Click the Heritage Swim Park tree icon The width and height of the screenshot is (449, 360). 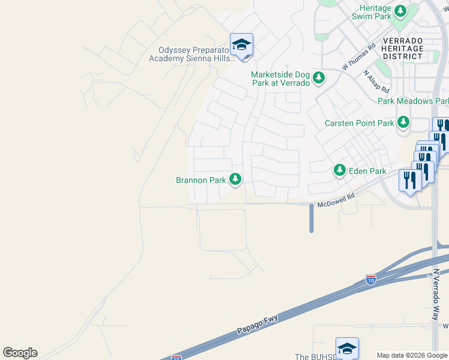[400, 11]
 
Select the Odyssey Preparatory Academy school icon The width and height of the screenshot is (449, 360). [241, 45]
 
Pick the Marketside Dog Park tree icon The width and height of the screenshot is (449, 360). [318, 78]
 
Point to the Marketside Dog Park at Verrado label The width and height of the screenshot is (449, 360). [280, 79]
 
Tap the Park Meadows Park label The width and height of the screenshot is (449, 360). [413, 101]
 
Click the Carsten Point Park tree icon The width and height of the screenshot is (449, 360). [403, 123]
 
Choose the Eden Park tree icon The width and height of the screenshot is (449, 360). [340, 171]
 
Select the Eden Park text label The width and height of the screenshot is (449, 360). [369, 171]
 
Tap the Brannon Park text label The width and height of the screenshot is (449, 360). [200, 180]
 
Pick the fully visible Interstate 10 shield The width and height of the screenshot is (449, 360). [371, 280]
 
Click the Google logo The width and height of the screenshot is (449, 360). [20, 353]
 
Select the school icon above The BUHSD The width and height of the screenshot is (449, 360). [347, 348]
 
